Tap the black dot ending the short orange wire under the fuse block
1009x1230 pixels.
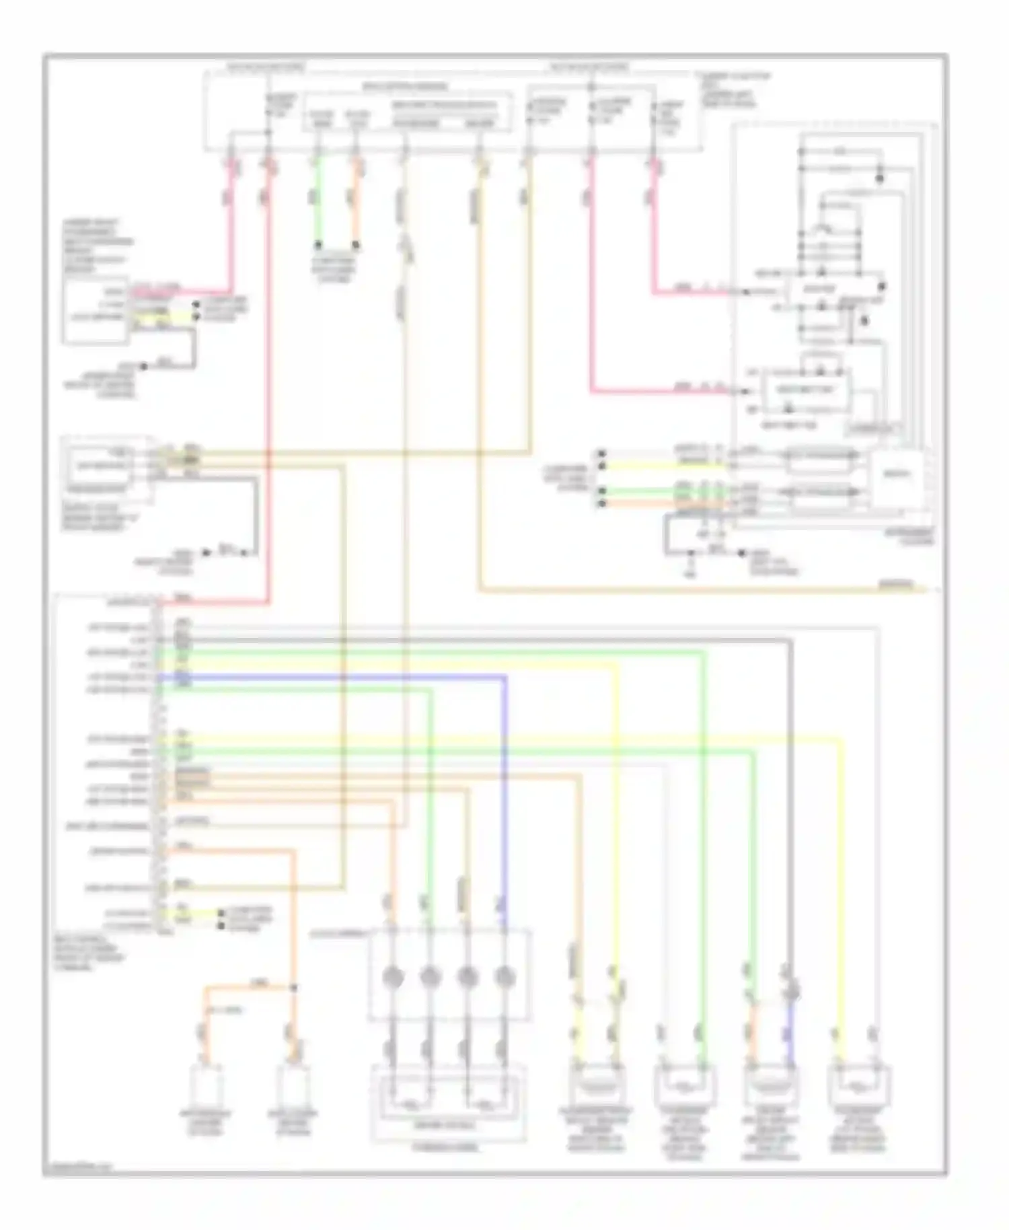point(356,245)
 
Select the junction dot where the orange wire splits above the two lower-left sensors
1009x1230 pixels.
point(293,988)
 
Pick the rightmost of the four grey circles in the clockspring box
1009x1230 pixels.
point(504,976)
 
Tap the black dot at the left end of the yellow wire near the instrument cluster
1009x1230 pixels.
point(603,466)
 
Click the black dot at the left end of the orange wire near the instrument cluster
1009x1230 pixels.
point(603,503)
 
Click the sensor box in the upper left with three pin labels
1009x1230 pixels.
point(96,310)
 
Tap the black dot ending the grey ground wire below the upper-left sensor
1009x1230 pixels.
point(143,367)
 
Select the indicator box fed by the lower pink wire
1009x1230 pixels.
point(805,390)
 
